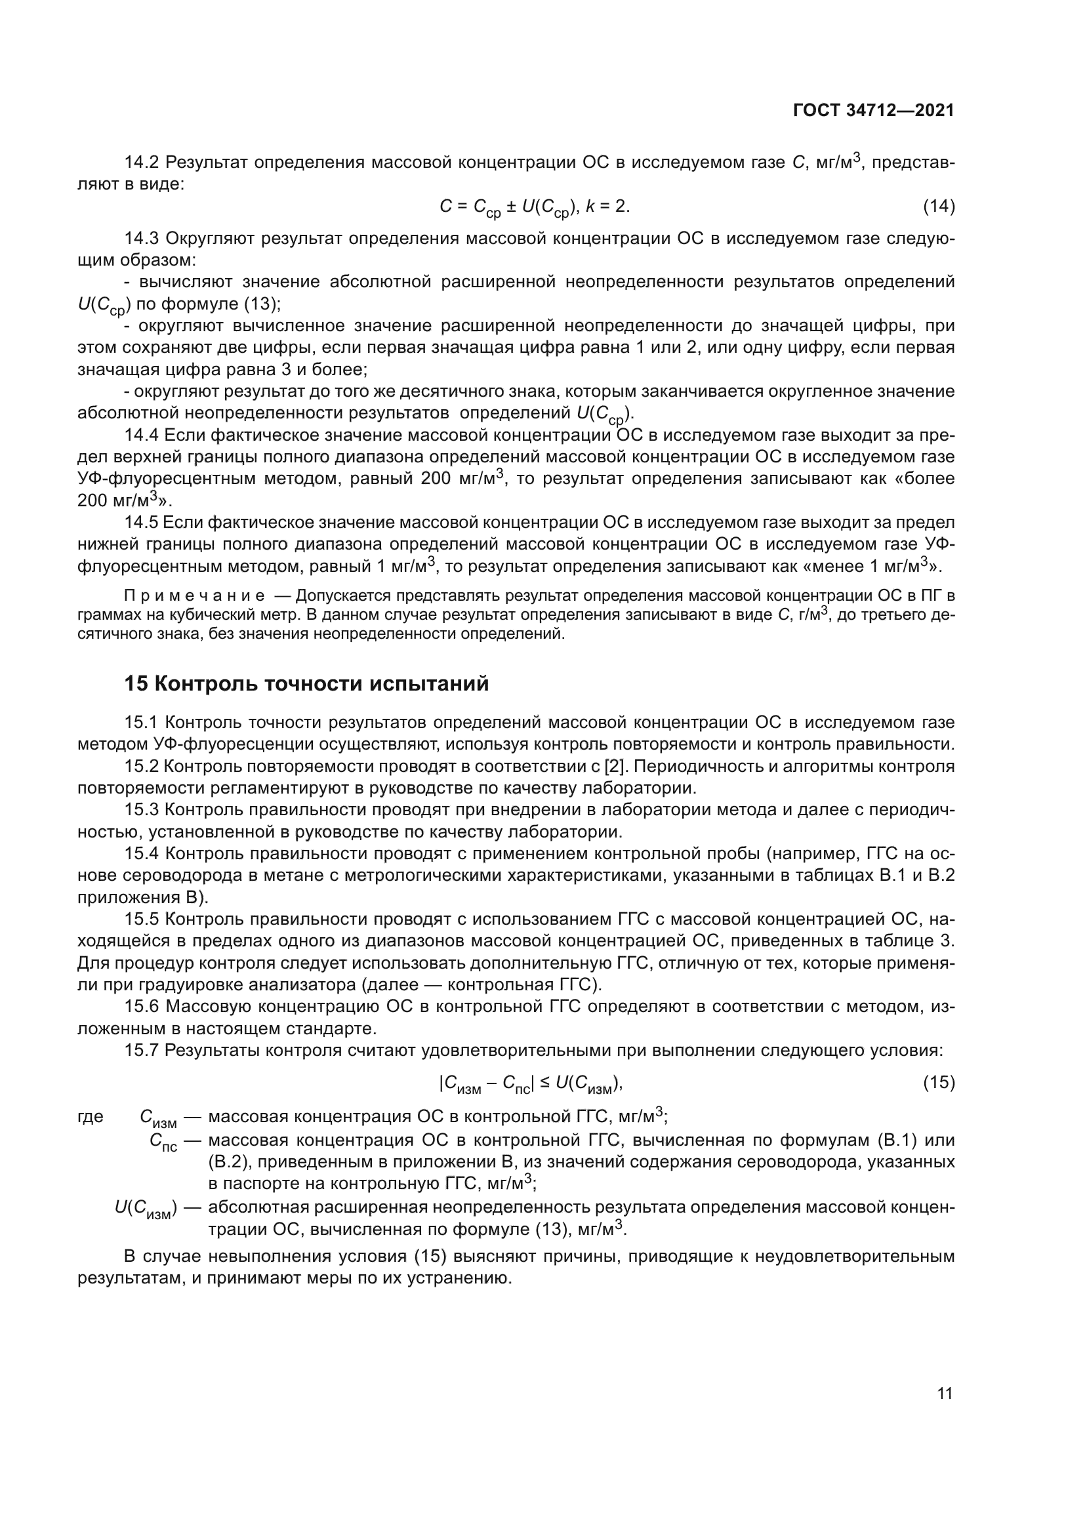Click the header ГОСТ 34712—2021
pos(874,111)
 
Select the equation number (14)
pos(939,207)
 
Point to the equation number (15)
pos(939,1081)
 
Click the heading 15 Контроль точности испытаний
pos(306,684)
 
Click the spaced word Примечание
pos(194,595)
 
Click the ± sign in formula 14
pos(510,207)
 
